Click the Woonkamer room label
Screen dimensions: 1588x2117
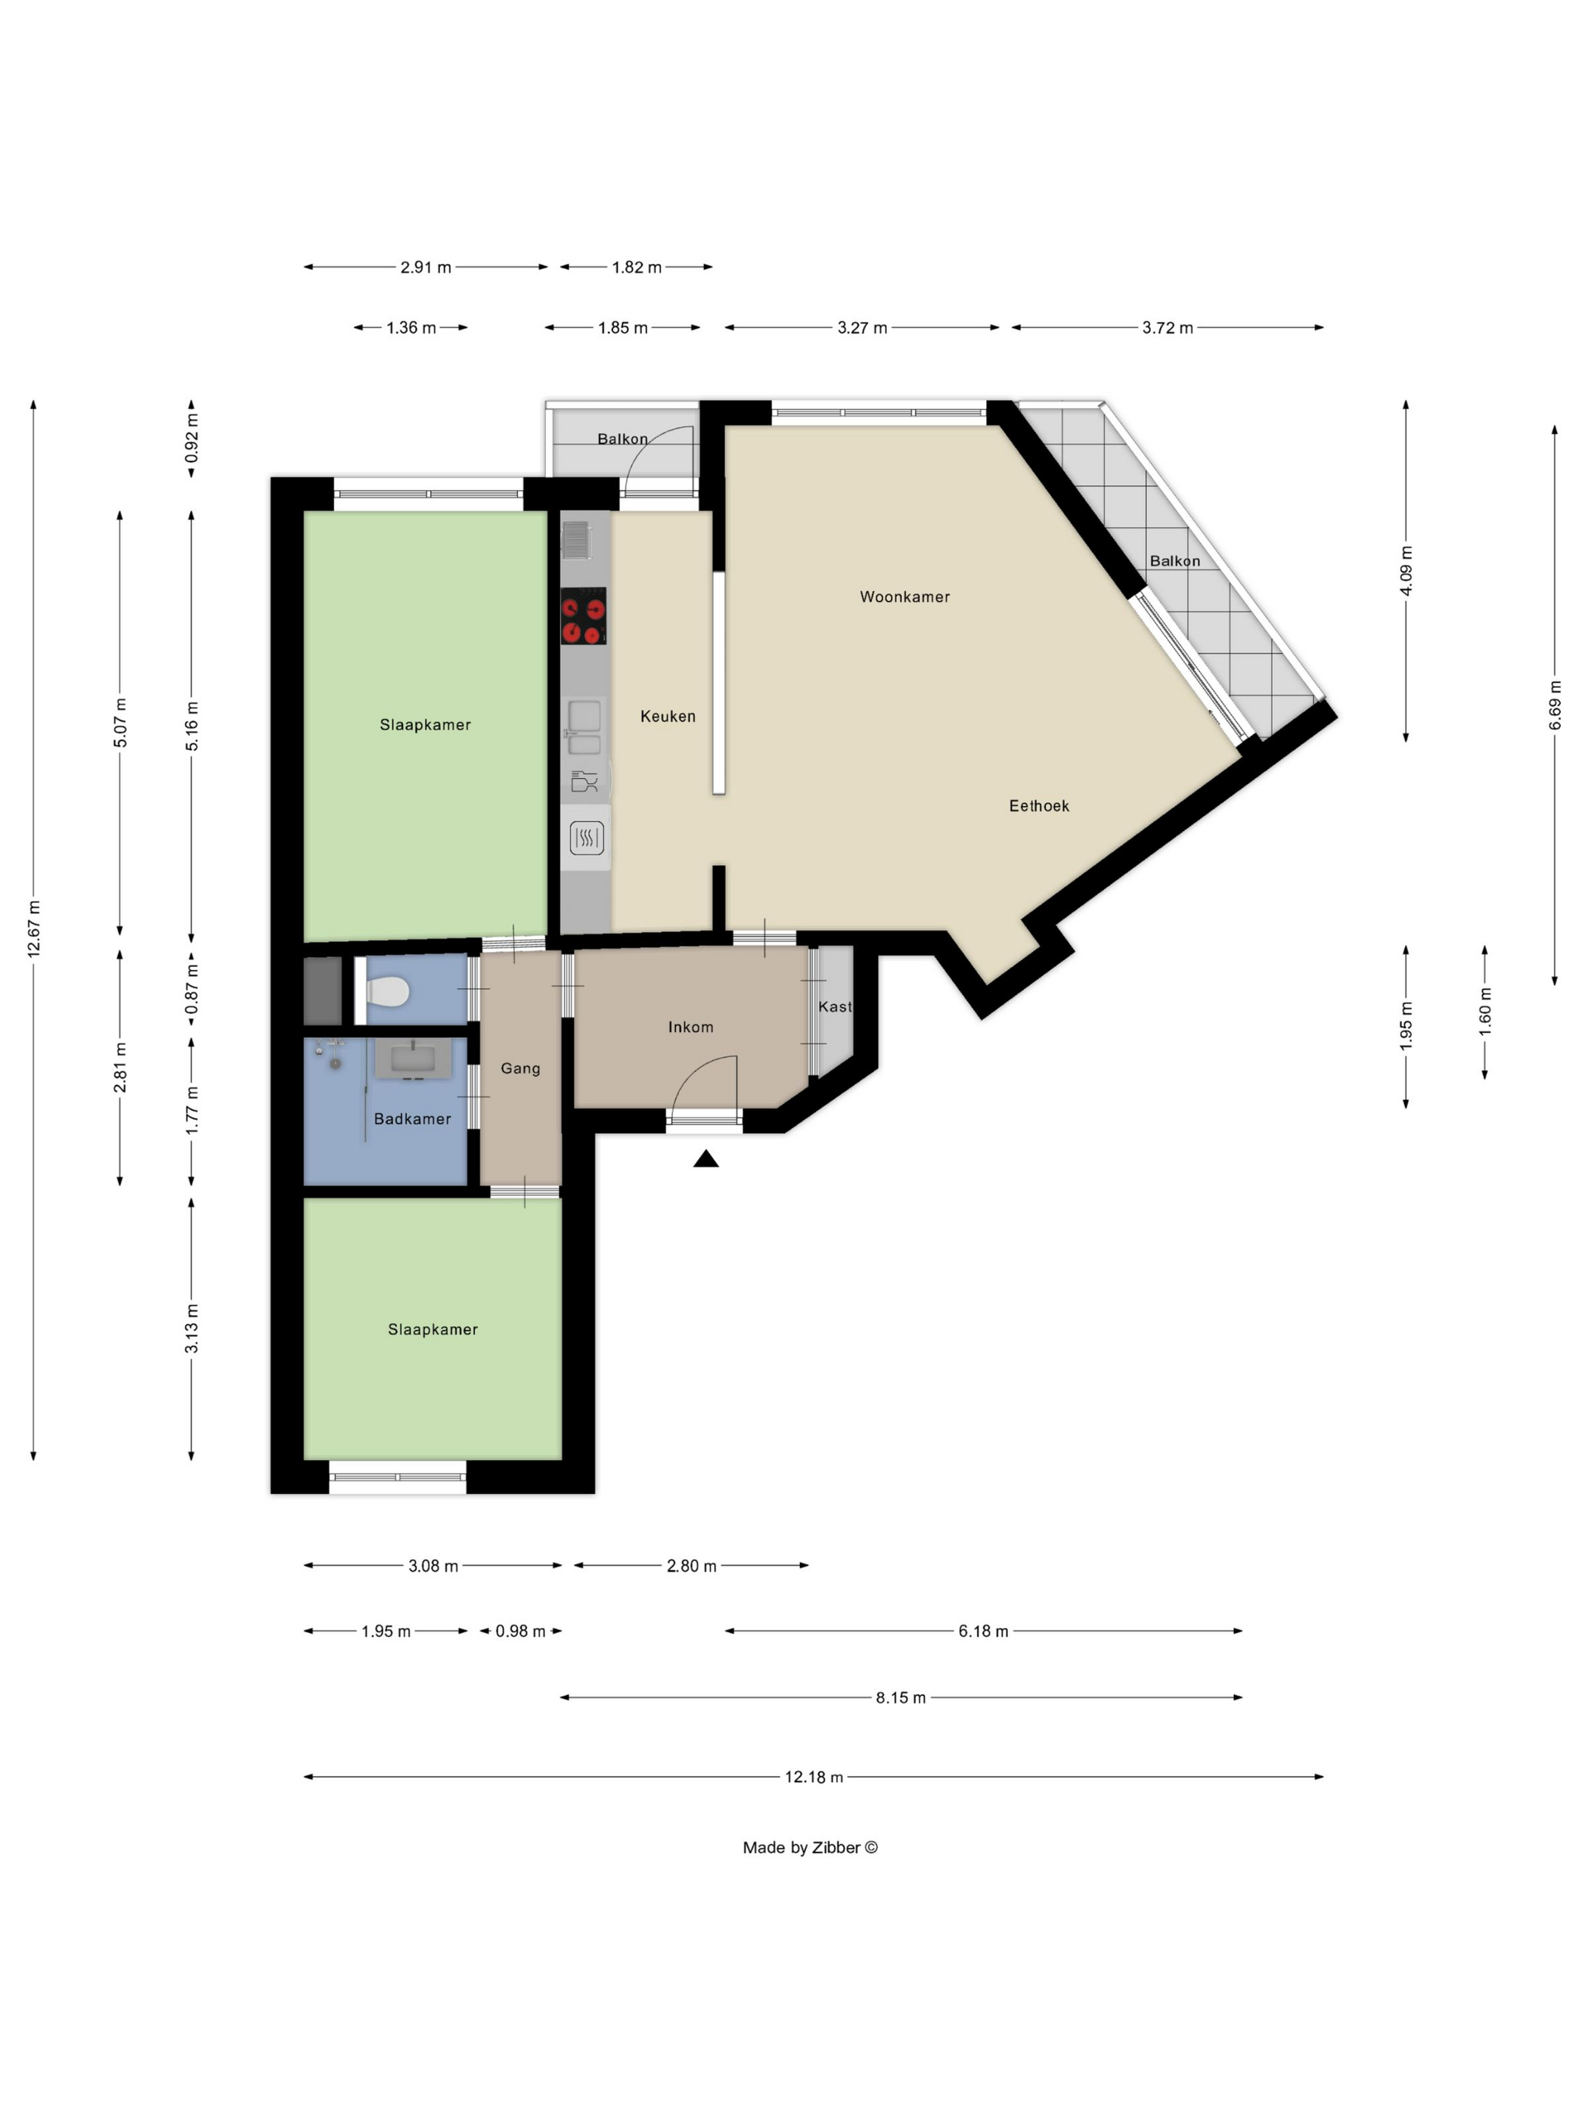[x=904, y=597]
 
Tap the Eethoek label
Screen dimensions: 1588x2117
[x=1038, y=806]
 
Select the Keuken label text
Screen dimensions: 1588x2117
[x=667, y=716]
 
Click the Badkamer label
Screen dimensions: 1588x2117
[x=411, y=1119]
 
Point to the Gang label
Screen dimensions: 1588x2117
[x=520, y=1069]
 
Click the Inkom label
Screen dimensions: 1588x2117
[x=690, y=1027]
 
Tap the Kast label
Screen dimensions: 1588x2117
[x=835, y=1007]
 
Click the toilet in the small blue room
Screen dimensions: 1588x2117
[x=388, y=991]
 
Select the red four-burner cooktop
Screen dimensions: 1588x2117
[x=583, y=616]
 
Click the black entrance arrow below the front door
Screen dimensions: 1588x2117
[x=706, y=1159]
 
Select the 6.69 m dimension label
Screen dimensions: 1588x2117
[x=1555, y=705]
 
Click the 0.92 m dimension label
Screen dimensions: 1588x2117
[x=191, y=439]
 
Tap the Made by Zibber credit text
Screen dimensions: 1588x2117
[x=810, y=1848]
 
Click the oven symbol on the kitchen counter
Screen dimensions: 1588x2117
[x=586, y=838]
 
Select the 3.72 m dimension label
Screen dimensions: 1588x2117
[x=1167, y=327]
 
